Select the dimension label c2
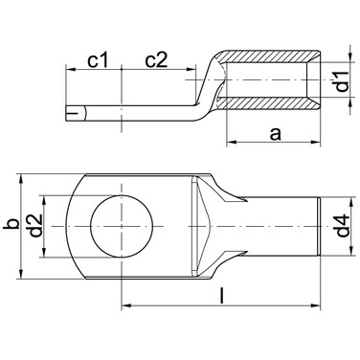[x=156, y=60]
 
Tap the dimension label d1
[x=343, y=81]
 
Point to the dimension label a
[x=275, y=134]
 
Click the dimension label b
[x=11, y=224]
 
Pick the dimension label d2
[x=35, y=225]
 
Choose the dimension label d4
[x=343, y=226]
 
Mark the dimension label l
[x=222, y=295]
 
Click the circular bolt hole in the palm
[x=122, y=226]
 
